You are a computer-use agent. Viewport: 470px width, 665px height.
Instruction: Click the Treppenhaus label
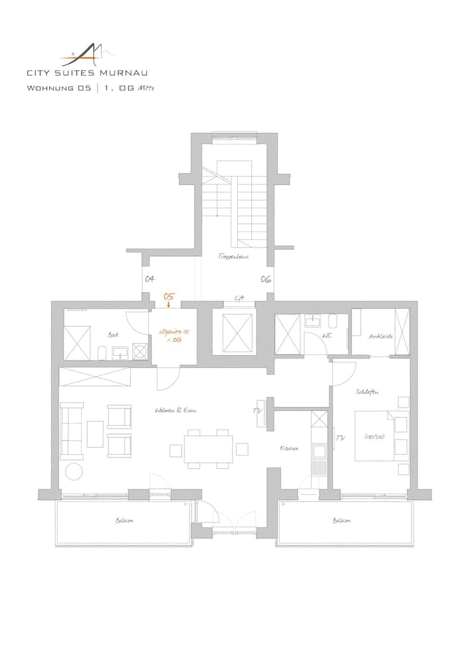(x=230, y=256)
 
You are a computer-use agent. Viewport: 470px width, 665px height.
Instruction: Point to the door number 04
(x=150, y=280)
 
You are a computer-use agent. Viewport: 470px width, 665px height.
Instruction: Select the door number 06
(x=265, y=280)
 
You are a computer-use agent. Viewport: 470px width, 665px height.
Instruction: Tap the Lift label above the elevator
(x=238, y=298)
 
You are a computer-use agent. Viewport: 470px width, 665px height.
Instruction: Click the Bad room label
(x=112, y=335)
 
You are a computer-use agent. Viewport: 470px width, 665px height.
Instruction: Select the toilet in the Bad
(x=102, y=352)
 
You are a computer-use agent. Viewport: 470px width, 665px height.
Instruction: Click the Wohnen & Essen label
(x=174, y=410)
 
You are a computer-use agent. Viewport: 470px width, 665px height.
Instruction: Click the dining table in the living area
(x=209, y=447)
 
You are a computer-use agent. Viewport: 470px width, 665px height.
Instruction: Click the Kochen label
(x=289, y=449)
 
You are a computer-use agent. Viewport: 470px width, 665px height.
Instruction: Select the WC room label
(x=327, y=335)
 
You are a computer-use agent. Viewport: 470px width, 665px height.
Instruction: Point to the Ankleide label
(x=381, y=336)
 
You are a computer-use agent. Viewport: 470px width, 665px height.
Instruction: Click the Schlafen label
(x=367, y=393)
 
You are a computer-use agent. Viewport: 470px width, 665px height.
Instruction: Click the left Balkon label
(x=124, y=521)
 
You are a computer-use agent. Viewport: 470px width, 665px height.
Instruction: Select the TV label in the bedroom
(x=341, y=438)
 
